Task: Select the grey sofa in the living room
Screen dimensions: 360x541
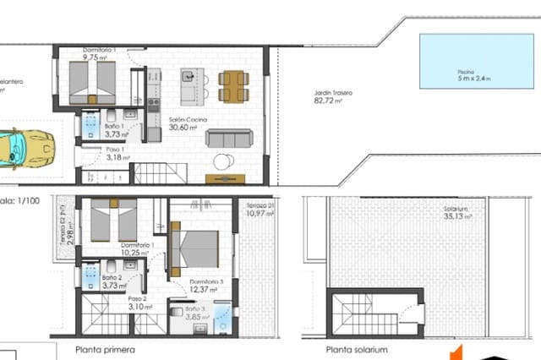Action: pyautogui.click(x=229, y=138)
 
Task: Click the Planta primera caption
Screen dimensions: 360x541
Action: pyautogui.click(x=105, y=349)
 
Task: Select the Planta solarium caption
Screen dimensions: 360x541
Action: pyautogui.click(x=356, y=349)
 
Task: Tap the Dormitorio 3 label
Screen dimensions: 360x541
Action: pyautogui.click(x=207, y=281)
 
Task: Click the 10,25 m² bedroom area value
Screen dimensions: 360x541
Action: pyautogui.click(x=134, y=253)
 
